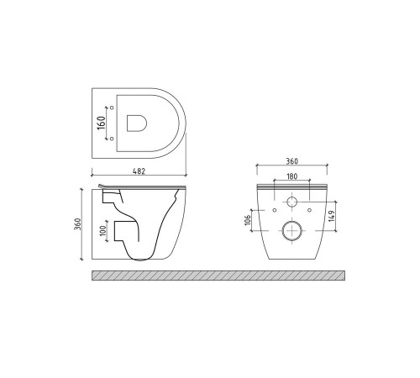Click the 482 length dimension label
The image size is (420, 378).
pos(139,171)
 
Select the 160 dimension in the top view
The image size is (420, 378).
pos(102,123)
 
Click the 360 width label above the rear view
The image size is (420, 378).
pos(291,161)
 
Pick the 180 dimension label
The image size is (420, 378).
pos(291,176)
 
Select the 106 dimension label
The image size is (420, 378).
pos(248,220)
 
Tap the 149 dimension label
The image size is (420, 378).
pos(332,216)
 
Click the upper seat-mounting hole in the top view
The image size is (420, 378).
pos(112,108)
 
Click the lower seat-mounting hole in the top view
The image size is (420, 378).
pos(112,139)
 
